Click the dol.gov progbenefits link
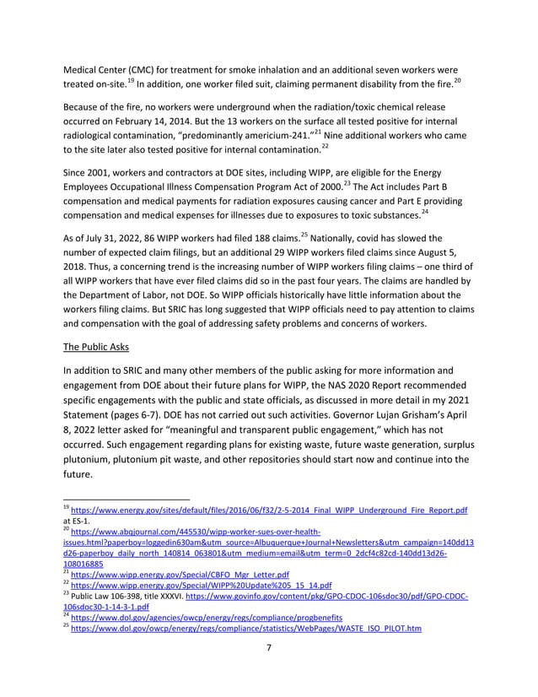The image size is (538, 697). pyautogui.click(x=202, y=619)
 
